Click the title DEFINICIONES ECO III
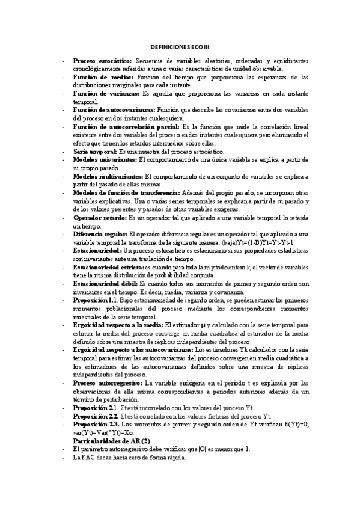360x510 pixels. (180, 46)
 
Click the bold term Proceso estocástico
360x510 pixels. (103, 61)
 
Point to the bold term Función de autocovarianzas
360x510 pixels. (114, 111)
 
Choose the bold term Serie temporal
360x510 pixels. (99, 152)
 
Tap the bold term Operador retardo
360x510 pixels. (99, 218)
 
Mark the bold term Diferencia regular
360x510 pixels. (100, 234)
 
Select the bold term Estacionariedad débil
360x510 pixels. (105, 283)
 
